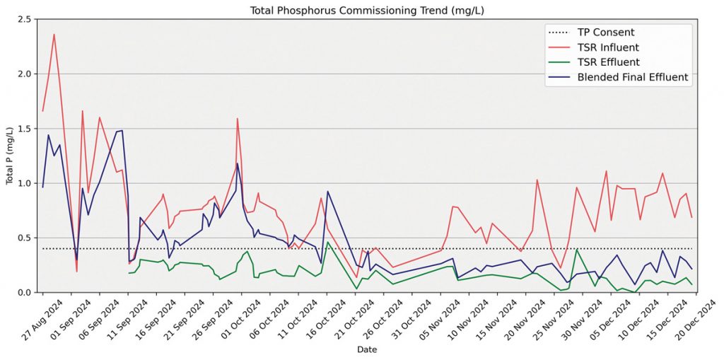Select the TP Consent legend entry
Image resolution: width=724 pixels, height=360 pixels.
tap(606, 33)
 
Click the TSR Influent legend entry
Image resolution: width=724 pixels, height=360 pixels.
tap(608, 47)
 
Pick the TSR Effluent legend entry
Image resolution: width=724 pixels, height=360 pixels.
tap(608, 62)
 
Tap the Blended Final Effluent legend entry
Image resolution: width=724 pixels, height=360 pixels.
tap(633, 77)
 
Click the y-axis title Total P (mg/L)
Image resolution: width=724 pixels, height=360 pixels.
tap(10, 156)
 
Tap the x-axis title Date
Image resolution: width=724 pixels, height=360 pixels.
tap(367, 350)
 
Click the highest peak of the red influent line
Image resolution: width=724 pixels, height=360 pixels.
tap(54, 35)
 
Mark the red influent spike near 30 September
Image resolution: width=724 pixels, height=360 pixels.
tap(238, 119)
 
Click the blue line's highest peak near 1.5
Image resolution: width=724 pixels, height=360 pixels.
tap(122, 130)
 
